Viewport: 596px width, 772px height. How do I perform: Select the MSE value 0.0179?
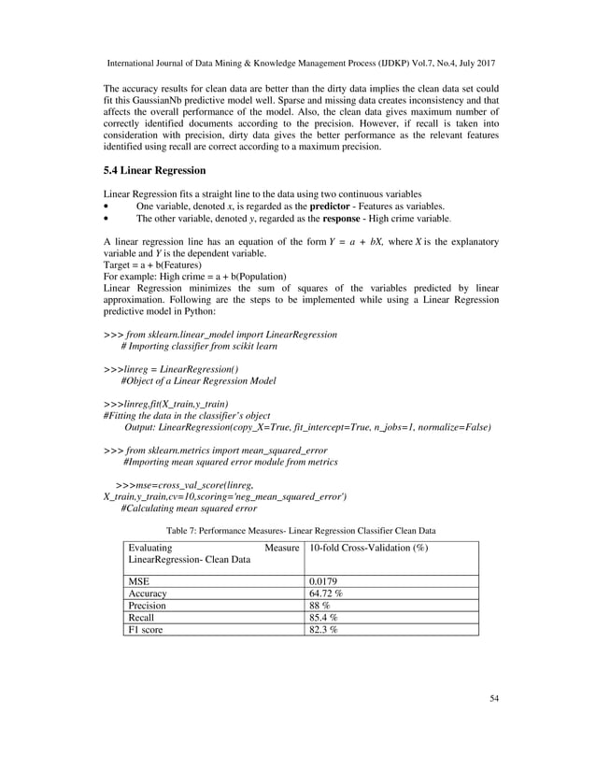[x=325, y=579]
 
